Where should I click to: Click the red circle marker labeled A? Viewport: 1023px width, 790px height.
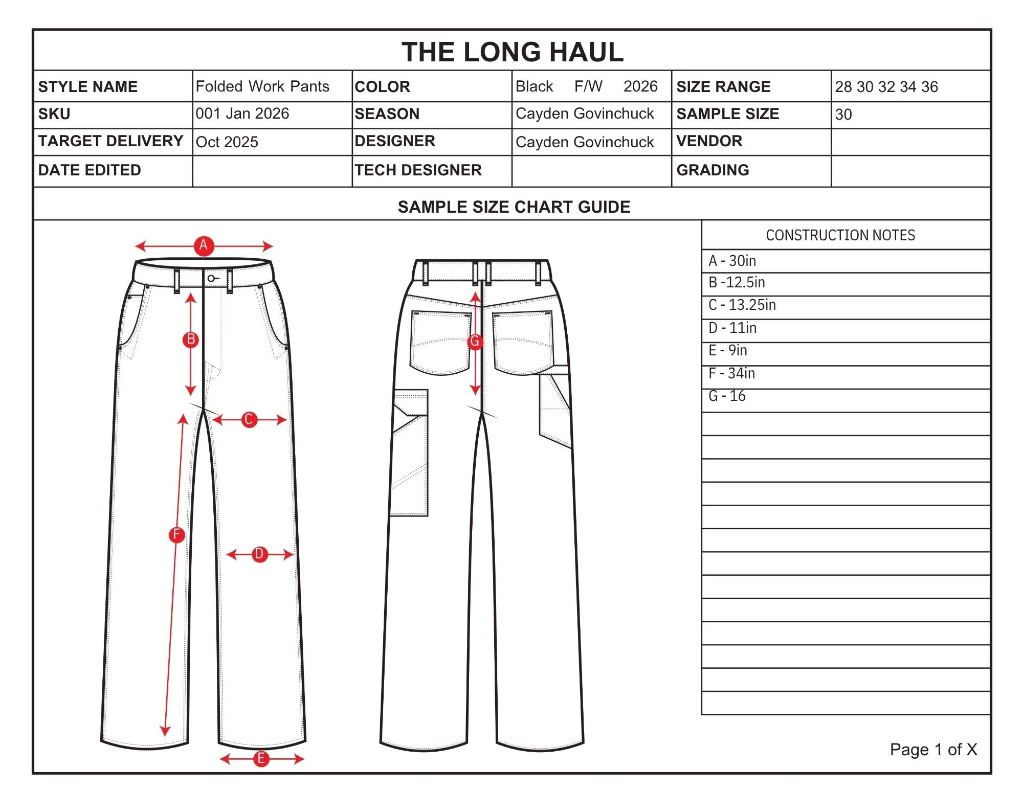click(204, 245)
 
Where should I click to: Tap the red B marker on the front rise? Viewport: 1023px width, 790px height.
click(191, 340)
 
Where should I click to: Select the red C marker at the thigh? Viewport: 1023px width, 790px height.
click(249, 420)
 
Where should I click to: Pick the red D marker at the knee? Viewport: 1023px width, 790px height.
click(259, 554)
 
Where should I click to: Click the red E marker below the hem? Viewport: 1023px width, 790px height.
click(261, 759)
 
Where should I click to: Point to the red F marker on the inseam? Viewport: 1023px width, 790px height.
click(176, 535)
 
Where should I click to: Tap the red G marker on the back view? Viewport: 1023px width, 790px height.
click(475, 342)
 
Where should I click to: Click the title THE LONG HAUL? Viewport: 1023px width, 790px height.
click(512, 52)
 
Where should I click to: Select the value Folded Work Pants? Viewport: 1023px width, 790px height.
click(262, 86)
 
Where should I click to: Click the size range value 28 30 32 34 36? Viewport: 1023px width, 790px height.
click(886, 87)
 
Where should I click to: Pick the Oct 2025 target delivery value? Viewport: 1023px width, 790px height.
click(227, 142)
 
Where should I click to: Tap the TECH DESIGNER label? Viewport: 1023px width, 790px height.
click(418, 170)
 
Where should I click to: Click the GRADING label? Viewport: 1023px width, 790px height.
click(713, 170)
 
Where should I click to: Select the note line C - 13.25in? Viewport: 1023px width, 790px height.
click(742, 305)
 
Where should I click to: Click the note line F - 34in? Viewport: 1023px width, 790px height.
click(732, 374)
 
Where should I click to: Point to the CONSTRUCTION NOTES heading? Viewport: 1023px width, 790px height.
click(840, 235)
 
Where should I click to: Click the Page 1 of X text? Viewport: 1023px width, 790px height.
click(933, 750)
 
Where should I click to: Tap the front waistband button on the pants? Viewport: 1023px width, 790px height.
click(211, 279)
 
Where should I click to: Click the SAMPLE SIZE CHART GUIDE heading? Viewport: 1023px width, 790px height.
click(514, 207)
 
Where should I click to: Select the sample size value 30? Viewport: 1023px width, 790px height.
click(843, 115)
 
